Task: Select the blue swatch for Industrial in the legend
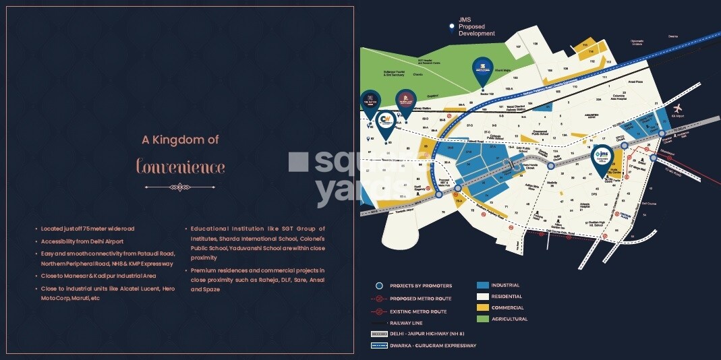click(483, 285)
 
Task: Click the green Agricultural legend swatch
click(483, 318)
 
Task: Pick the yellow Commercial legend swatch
click(483, 307)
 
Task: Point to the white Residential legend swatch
click(483, 296)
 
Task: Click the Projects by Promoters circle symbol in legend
click(379, 285)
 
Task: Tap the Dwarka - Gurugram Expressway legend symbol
click(379, 345)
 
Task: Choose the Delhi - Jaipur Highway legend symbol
click(379, 334)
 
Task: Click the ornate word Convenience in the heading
click(180, 166)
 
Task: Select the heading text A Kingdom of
click(180, 140)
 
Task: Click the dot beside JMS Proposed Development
click(452, 27)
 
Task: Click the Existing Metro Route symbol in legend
click(379, 311)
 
